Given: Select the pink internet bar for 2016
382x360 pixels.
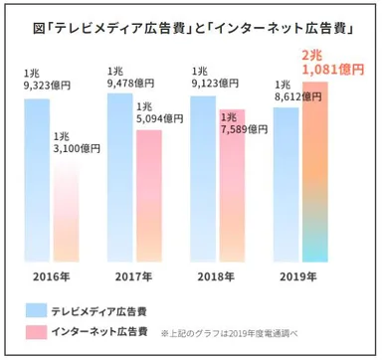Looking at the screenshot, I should coord(68,209).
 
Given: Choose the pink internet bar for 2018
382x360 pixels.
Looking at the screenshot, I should coord(230,189).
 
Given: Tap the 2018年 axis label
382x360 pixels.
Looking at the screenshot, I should coord(217,275).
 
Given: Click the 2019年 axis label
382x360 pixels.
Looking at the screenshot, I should coord(299,275).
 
